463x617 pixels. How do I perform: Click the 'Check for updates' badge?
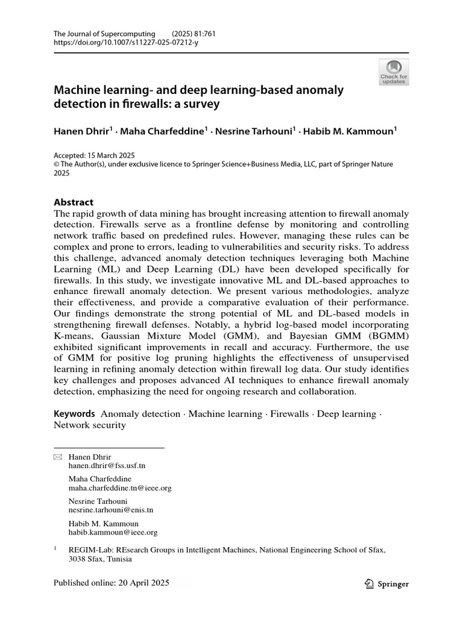pos(394,72)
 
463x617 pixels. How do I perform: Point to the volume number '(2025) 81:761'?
pos(194,34)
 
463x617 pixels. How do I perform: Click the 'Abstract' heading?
pos(74,202)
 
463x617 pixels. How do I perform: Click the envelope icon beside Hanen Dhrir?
pos(58,457)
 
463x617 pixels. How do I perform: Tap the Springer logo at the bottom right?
pos(387,583)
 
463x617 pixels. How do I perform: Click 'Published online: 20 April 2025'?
pos(112,583)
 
